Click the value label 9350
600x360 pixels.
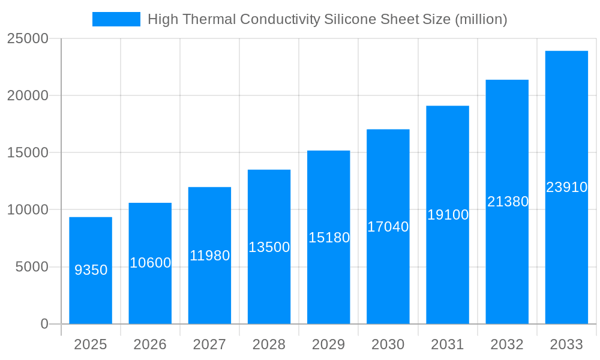(91, 270)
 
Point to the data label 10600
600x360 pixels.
(151, 263)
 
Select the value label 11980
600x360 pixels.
(209, 256)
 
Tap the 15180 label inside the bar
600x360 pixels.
(329, 238)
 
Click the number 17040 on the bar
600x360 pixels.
(388, 227)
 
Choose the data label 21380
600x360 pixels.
(508, 202)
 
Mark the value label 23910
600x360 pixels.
(566, 187)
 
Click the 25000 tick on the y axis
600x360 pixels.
(28, 38)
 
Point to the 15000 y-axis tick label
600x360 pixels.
(28, 152)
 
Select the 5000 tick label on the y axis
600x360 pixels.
(31, 267)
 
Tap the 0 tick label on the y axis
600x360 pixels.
(44, 324)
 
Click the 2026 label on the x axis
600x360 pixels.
(150, 344)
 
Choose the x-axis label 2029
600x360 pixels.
(329, 344)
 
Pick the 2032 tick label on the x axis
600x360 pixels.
(507, 344)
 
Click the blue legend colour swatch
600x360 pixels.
(116, 19)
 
